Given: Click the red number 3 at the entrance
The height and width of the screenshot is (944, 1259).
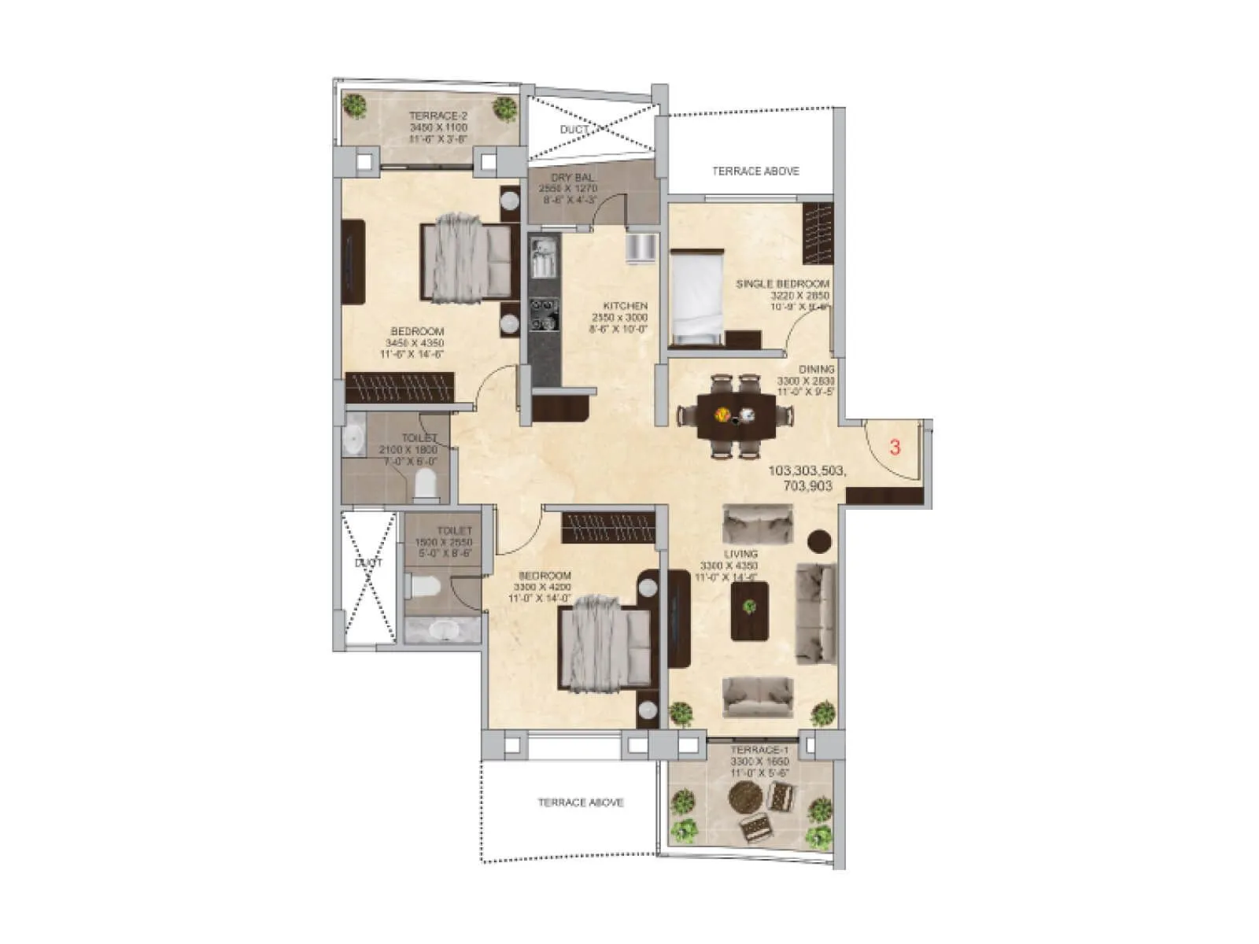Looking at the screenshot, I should [895, 448].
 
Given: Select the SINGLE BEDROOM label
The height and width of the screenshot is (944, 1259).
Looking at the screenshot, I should [782, 284].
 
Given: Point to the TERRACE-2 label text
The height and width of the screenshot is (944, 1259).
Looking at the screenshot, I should [438, 116].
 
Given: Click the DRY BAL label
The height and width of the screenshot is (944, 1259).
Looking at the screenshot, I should [573, 178].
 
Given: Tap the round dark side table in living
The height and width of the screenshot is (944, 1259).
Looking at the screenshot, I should [820, 540].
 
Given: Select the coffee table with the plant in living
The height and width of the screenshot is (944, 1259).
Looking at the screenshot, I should [749, 610].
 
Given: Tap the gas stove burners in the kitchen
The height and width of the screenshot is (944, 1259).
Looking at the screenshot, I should [543, 314].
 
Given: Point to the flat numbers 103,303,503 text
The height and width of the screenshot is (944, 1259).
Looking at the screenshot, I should [807, 471].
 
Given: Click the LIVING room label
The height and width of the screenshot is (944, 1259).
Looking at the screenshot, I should [740, 554].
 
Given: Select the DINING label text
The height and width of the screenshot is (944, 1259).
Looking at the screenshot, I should [817, 369].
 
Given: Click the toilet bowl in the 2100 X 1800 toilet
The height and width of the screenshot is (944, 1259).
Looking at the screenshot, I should [426, 483].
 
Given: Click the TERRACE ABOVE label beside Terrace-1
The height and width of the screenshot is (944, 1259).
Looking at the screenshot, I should [581, 802].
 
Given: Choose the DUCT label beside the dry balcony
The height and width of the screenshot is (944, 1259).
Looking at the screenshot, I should [574, 130].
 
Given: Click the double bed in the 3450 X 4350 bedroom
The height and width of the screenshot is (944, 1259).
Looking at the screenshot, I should [464, 257].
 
